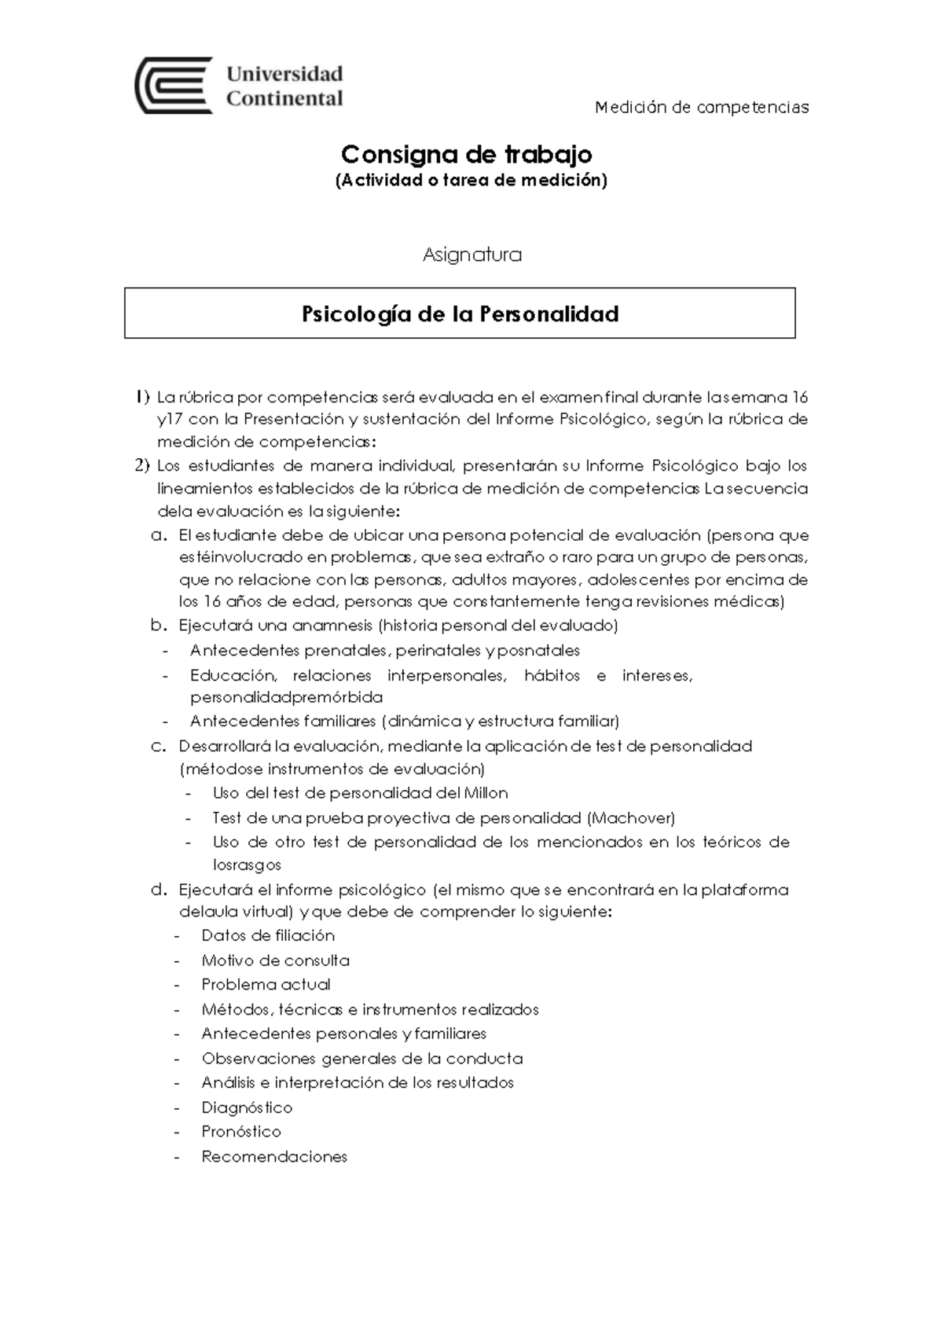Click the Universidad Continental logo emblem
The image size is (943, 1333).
[x=174, y=85]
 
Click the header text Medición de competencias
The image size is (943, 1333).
[x=702, y=108]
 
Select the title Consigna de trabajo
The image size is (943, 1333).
[x=467, y=153]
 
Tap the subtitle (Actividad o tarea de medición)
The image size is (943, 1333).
[x=471, y=181]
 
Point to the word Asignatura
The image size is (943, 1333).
[x=472, y=255]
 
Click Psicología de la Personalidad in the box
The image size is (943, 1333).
[x=460, y=314]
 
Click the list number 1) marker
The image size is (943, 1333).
[x=142, y=397]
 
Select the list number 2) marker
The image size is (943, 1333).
[x=142, y=466]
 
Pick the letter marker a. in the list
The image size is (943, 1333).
[x=160, y=536]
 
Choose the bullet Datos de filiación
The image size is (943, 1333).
[x=268, y=935]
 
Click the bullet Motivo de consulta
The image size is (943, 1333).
[x=275, y=960]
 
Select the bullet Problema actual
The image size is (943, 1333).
[x=266, y=985]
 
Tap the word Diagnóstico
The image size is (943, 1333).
[x=247, y=1107]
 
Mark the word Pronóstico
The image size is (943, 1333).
[x=241, y=1132]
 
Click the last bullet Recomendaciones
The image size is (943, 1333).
[x=274, y=1157]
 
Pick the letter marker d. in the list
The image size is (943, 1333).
[x=160, y=891]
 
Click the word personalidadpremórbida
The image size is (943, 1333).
[x=286, y=697]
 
